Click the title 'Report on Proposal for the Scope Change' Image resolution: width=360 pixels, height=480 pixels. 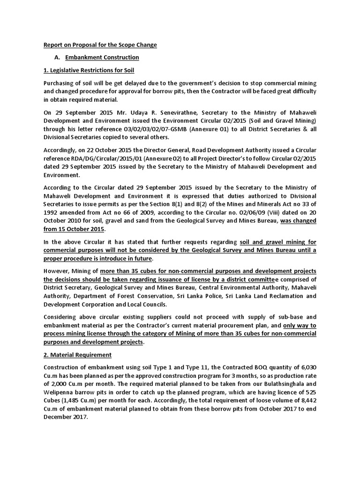tap(100, 45)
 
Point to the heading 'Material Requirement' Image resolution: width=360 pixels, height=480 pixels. tap(77, 354)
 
